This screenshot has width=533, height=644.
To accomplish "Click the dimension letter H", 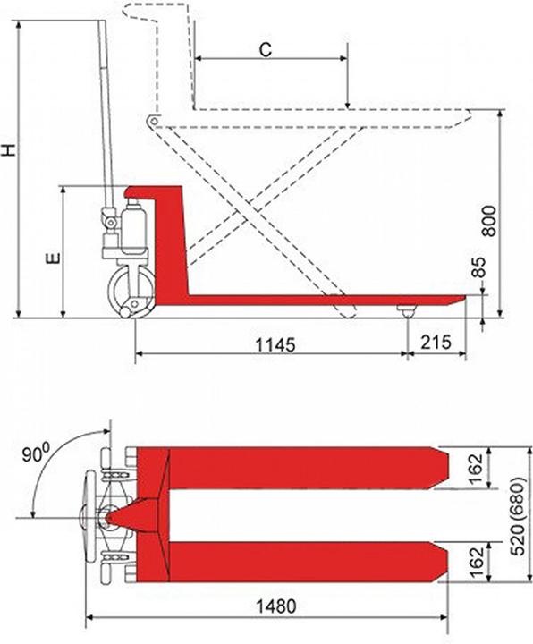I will (10, 149).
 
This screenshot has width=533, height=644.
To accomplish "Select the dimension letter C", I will (266, 50).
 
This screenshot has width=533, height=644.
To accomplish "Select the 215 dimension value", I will (436, 344).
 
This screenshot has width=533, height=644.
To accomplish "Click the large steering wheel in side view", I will (131, 292).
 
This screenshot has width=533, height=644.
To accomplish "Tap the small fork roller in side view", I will (407, 310).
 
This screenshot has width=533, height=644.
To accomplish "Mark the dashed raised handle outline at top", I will (157, 13).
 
